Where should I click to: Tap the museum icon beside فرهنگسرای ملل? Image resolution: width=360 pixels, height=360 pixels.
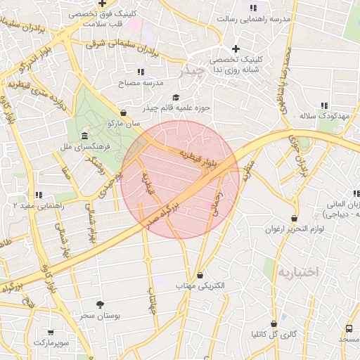pos(84,135)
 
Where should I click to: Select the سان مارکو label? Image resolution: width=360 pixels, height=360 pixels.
pos(124,123)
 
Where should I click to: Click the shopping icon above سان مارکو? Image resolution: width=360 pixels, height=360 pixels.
pos(124,112)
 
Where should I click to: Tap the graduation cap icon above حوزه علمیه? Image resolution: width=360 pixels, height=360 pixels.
pos(175,98)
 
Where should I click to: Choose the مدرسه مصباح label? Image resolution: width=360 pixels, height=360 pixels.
pos(143,82)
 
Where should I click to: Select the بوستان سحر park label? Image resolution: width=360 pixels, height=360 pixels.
pos(99,316)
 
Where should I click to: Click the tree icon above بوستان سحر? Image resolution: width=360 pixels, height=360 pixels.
pos(100,304)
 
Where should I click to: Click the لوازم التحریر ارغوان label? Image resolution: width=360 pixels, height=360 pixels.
pos(294,229)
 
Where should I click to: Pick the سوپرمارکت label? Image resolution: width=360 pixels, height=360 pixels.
pos(51,342)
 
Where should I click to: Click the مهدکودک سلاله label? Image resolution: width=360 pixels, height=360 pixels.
pos(324,115)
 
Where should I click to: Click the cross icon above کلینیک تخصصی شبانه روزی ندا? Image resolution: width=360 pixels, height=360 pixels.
pos(236,49)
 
